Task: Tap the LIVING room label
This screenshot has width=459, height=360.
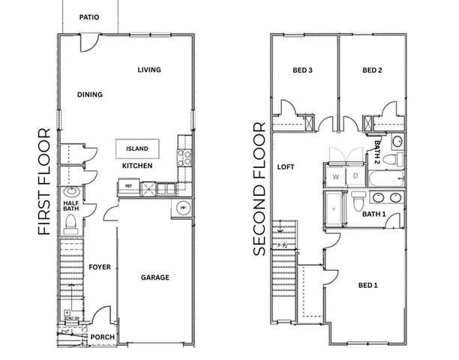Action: click(x=149, y=70)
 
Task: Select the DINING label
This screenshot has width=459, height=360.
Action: click(x=89, y=94)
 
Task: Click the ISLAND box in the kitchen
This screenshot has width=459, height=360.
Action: click(x=137, y=148)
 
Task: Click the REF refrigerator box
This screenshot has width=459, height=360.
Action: click(x=128, y=186)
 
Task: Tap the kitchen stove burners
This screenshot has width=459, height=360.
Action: click(x=184, y=157)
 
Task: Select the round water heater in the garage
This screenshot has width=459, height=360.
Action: click(x=181, y=208)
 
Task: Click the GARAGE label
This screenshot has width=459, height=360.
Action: click(x=155, y=277)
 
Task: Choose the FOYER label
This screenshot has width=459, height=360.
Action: click(x=100, y=266)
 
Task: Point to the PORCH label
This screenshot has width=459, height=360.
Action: click(x=102, y=337)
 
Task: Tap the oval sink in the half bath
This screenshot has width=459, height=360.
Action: click(x=70, y=191)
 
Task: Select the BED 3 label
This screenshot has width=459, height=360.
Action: click(x=302, y=71)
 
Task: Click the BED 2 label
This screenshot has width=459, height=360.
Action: click(x=372, y=71)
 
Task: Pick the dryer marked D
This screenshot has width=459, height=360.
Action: click(x=351, y=177)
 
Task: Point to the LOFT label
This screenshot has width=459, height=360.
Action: click(x=285, y=166)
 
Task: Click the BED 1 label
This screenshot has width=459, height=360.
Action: click(x=368, y=286)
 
